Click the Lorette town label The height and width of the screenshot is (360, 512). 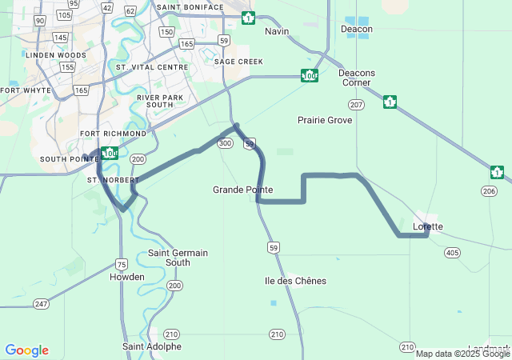tap(427, 226)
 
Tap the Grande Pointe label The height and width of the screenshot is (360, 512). tap(242, 190)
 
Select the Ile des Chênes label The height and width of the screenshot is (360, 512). tap(295, 281)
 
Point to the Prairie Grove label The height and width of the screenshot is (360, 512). tap(325, 120)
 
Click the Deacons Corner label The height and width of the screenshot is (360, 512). tap(357, 78)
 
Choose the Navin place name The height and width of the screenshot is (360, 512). tap(276, 31)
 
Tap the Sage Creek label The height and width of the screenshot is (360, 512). tap(238, 62)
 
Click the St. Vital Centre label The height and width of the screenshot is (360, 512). tap(152, 67)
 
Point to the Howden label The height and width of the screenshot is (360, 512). tap(126, 277)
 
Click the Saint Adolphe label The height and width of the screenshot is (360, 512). tap(152, 346)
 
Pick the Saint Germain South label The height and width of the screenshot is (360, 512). tap(178, 258)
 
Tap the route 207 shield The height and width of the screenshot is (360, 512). tap(357, 105)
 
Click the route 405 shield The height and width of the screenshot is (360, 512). tap(453, 253)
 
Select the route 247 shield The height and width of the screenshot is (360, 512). tap(41, 304)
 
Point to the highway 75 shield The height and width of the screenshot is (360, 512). tap(121, 264)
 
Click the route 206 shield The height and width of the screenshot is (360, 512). tap(490, 191)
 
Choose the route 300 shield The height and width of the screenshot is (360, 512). tap(226, 143)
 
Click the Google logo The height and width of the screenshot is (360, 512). tap(26, 350)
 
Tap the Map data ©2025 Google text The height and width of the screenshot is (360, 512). tap(462, 353)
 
